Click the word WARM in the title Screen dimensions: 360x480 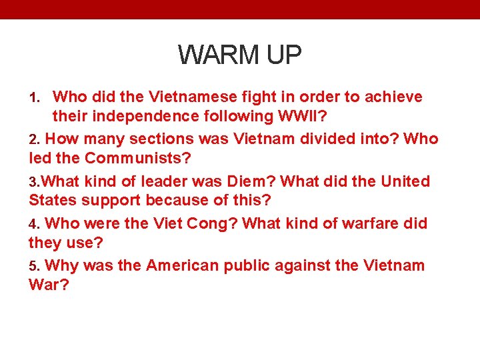214,55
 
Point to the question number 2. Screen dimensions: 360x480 35,139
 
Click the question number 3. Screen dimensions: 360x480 35,181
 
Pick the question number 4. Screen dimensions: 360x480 35,223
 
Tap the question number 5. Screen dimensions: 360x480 35,265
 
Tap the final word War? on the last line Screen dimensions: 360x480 48,284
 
